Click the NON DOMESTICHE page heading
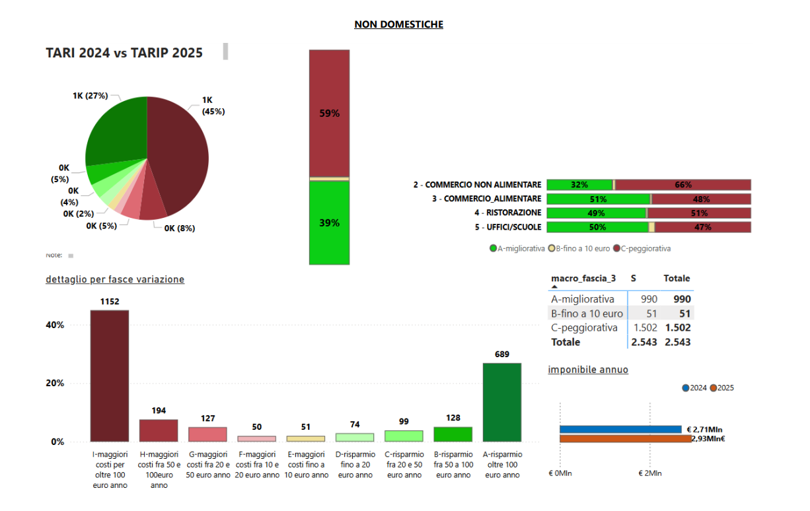tap(398, 24)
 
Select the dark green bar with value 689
tap(501, 402)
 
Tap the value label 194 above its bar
tap(159, 411)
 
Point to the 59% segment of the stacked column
tap(329, 113)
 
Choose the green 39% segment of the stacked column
tap(329, 222)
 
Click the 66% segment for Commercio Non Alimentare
tap(682, 185)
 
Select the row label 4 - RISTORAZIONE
tap(507, 213)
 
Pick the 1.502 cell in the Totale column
tap(677, 327)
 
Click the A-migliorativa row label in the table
tap(583, 299)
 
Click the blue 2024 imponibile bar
tap(620, 429)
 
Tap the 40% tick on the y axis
tap(55, 325)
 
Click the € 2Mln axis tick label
tap(650, 473)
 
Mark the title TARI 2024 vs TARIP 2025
tap(124, 53)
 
